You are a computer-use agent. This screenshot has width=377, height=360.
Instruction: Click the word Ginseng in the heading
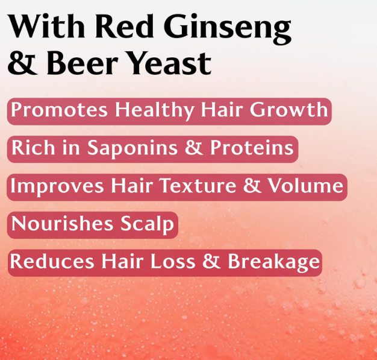[x=228, y=29]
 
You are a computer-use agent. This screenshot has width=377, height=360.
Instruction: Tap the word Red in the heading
[x=125, y=26]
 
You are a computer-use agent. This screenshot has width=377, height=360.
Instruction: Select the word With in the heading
[x=46, y=26]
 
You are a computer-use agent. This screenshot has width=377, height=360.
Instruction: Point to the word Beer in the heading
[x=83, y=63]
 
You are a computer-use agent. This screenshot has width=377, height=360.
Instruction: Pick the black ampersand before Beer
[x=23, y=63]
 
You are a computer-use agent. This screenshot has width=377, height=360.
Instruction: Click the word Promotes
[x=59, y=110]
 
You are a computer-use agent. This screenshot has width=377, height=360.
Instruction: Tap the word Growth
[x=288, y=109]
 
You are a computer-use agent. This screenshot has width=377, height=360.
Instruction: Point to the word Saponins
[x=132, y=148]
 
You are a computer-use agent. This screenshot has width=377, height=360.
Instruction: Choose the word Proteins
[x=252, y=147]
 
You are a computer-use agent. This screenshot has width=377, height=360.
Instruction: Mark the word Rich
[x=33, y=147]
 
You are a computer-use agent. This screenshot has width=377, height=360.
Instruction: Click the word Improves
[x=57, y=186]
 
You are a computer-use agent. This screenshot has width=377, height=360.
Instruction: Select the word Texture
[x=198, y=185]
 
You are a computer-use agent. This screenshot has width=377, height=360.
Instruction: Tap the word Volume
[x=305, y=185]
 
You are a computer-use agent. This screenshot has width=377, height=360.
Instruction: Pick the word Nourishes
[x=62, y=223]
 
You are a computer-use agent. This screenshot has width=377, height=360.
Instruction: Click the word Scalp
[x=147, y=224]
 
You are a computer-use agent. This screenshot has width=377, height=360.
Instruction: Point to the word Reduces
[x=52, y=261]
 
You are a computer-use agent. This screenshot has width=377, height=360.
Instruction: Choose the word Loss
[x=173, y=261]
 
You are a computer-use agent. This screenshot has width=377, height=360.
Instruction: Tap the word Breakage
[x=274, y=262]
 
